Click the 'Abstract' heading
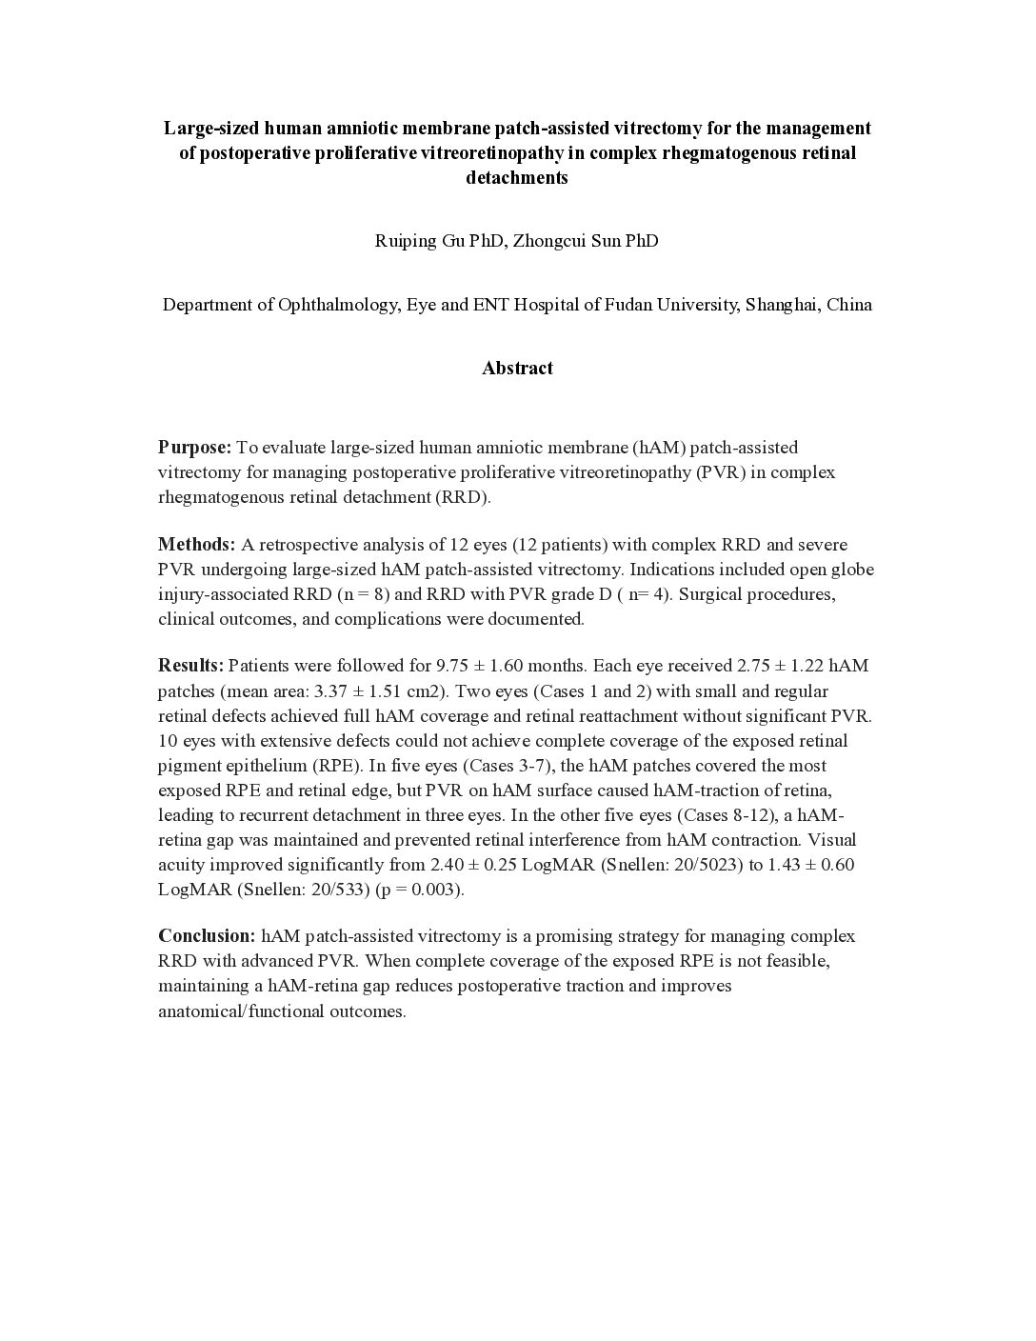[x=517, y=369]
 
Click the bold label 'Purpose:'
[x=194, y=448]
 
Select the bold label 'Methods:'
[x=196, y=545]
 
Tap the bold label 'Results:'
[x=190, y=666]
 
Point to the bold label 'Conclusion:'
[x=207, y=936]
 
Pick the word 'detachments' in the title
[x=517, y=178]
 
